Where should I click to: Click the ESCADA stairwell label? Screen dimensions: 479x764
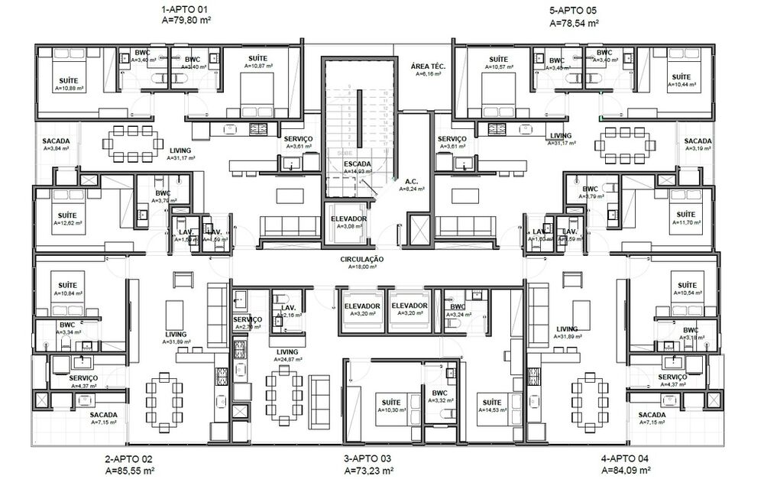pos(358,164)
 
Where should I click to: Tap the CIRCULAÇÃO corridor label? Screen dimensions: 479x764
pos(361,260)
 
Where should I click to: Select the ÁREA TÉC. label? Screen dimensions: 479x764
pos(428,66)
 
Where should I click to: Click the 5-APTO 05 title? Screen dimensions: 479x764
pos(573,11)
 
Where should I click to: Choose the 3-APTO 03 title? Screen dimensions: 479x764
pos(368,459)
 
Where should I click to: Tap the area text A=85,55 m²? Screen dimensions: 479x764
pos(128,471)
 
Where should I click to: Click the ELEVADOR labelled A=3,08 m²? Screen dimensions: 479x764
pos(349,219)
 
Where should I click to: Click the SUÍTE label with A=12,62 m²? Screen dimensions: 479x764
pos(68,216)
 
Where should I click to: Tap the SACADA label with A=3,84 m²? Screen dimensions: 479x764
pos(57,141)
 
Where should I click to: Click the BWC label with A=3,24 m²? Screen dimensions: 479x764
pos(458,306)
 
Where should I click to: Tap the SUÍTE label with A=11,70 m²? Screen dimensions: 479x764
pos(685,214)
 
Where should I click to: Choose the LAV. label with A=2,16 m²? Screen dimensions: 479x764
pos(288,306)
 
